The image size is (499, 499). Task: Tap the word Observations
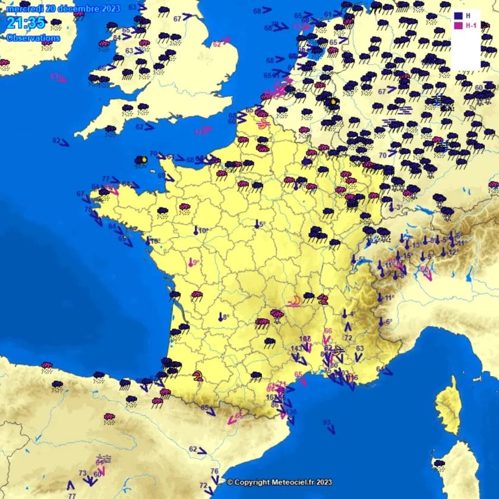[x=33, y=37]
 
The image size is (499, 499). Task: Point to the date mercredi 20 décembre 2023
[x=63, y=8]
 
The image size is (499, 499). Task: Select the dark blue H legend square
[x=458, y=15]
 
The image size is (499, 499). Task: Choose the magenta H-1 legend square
[x=458, y=26]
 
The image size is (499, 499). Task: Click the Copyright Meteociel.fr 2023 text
[x=279, y=482]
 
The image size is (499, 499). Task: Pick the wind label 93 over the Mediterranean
[x=327, y=422]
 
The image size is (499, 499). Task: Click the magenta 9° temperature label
[x=194, y=262]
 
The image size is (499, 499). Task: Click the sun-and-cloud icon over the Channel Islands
[x=141, y=160]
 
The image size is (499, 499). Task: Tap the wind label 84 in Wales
[x=117, y=37]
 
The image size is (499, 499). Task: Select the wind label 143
[x=295, y=348]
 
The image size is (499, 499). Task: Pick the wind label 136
[x=291, y=412]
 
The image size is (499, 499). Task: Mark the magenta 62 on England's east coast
[x=217, y=43]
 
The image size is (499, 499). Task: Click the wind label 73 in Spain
[x=83, y=473]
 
